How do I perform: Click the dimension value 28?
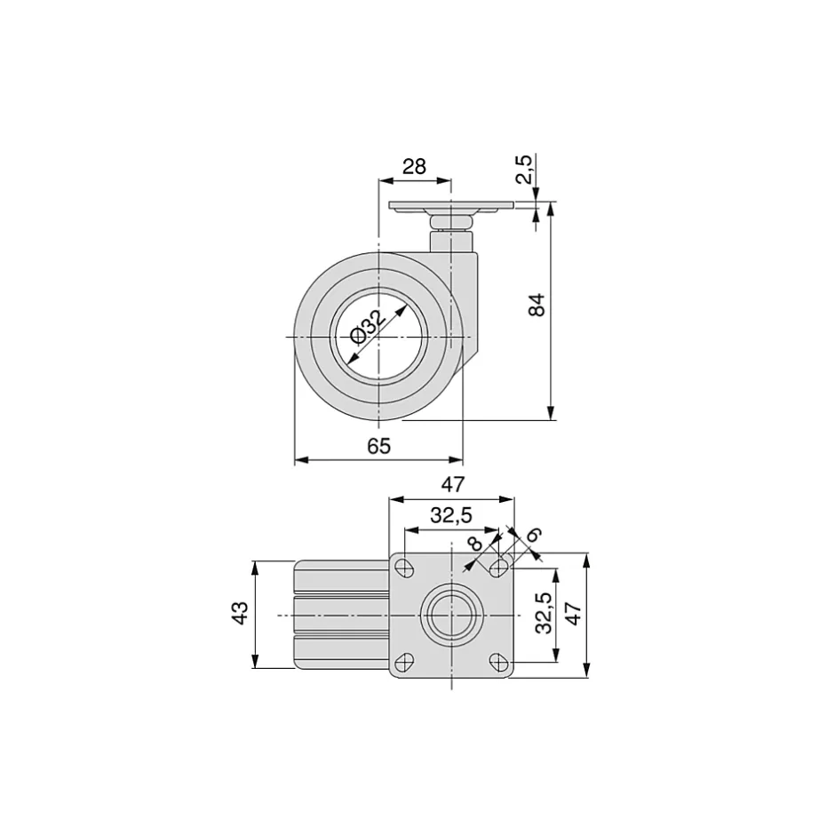click(x=414, y=166)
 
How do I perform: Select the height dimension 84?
click(x=536, y=305)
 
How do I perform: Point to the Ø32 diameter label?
click(x=369, y=327)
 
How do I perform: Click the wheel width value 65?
click(x=378, y=446)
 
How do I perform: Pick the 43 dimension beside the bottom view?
click(x=238, y=614)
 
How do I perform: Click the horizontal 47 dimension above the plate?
click(x=453, y=485)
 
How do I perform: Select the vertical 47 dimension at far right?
click(x=574, y=613)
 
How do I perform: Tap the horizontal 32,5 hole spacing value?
click(x=451, y=514)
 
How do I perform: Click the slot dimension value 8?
click(x=476, y=543)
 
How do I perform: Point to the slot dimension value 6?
click(x=534, y=535)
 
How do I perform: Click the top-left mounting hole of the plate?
click(x=405, y=568)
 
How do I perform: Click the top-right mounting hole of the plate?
click(x=499, y=567)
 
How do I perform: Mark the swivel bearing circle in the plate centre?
click(x=451, y=615)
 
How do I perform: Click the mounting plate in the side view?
click(x=451, y=207)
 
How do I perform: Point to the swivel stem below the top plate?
click(x=451, y=238)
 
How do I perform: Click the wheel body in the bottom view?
click(x=342, y=615)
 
